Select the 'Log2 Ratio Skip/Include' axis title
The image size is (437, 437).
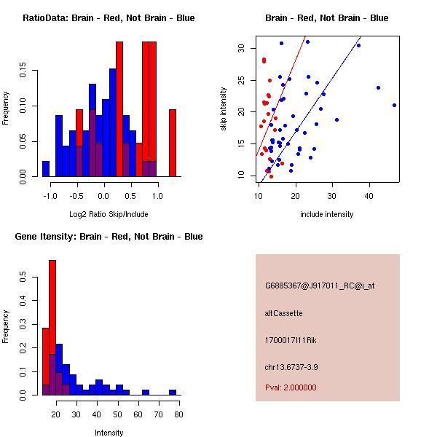coord(109,214)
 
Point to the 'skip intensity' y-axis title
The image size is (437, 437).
coord(225,109)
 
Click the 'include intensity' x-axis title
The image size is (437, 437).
coord(326,214)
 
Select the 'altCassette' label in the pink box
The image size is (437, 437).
coord(283,313)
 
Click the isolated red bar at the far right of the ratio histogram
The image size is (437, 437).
coord(173,143)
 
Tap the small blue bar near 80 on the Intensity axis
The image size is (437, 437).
coord(173,392)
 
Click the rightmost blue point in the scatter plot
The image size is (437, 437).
coord(394,105)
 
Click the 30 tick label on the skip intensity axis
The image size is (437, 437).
coord(240,48)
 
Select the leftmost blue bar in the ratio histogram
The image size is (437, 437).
coord(45,169)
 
